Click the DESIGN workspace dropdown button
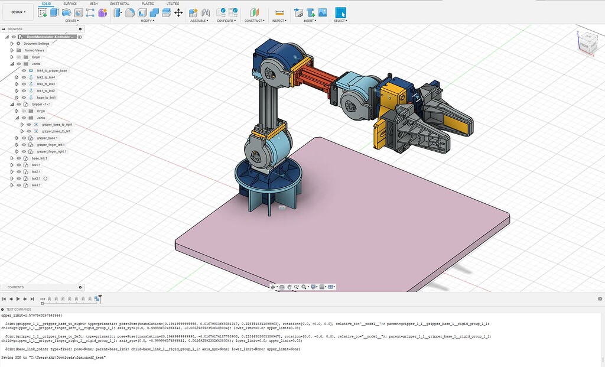(x=17, y=12)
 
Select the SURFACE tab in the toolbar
(x=70, y=4)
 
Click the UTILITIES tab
(x=173, y=4)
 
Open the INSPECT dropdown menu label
(x=279, y=21)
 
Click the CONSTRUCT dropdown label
(x=254, y=21)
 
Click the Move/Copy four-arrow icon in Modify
(x=178, y=12)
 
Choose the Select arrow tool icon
(x=340, y=12)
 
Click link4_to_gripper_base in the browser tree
(x=52, y=70)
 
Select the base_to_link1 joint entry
(x=46, y=98)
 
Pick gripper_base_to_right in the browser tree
(x=57, y=125)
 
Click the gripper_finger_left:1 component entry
(x=51, y=145)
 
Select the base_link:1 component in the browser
(x=40, y=158)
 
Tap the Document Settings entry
(x=36, y=43)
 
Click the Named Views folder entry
(x=34, y=50)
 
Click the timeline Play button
(x=18, y=299)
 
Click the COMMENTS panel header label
(x=15, y=287)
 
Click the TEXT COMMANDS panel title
(x=19, y=309)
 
